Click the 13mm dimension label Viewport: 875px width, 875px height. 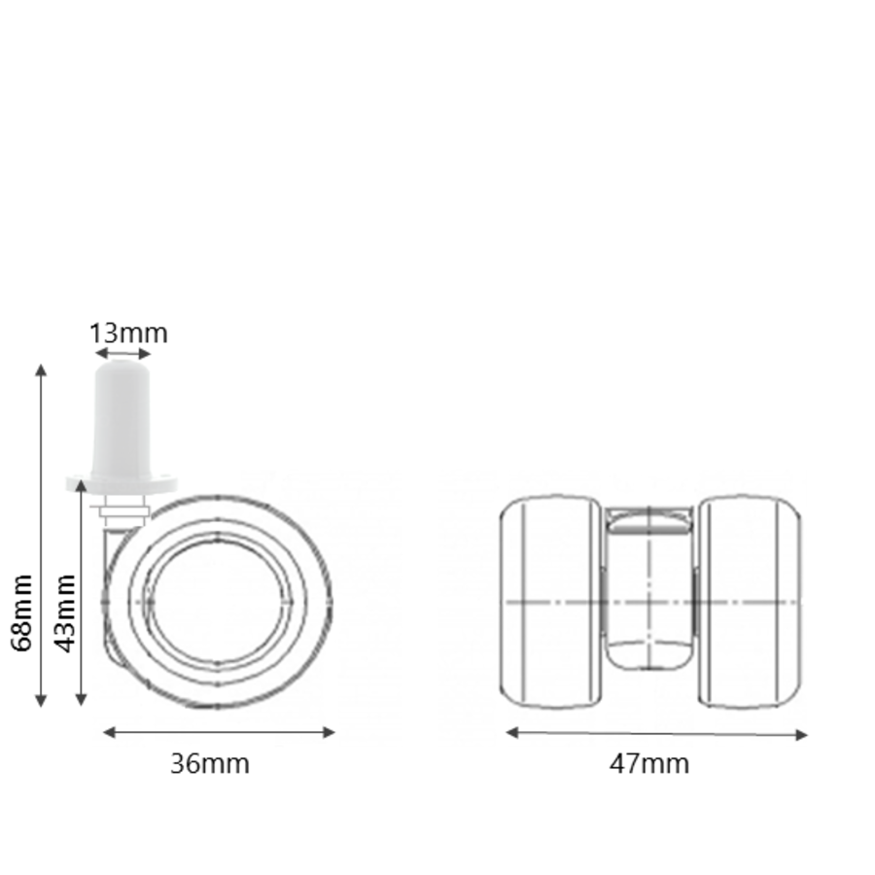pyautogui.click(x=128, y=333)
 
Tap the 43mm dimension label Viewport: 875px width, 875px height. pyautogui.click(x=64, y=612)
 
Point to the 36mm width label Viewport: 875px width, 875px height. pyautogui.click(x=210, y=764)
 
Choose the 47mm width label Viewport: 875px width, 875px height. pyautogui.click(x=649, y=764)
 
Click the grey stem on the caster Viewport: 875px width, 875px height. pyautogui.click(x=122, y=418)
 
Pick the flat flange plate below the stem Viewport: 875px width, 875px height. pyautogui.click(x=122, y=482)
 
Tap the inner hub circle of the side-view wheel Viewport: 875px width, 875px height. pyautogui.click(x=217, y=603)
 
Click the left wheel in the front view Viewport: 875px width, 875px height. pyautogui.click(x=550, y=603)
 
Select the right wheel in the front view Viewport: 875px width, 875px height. pyautogui.click(x=751, y=603)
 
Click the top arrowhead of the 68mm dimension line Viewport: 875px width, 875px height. pyautogui.click(x=41, y=369)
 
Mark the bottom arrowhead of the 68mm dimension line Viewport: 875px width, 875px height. pyautogui.click(x=41, y=701)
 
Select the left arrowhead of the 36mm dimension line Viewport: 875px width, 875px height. pyautogui.click(x=108, y=732)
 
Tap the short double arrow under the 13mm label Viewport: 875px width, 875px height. pyautogui.click(x=123, y=354)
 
